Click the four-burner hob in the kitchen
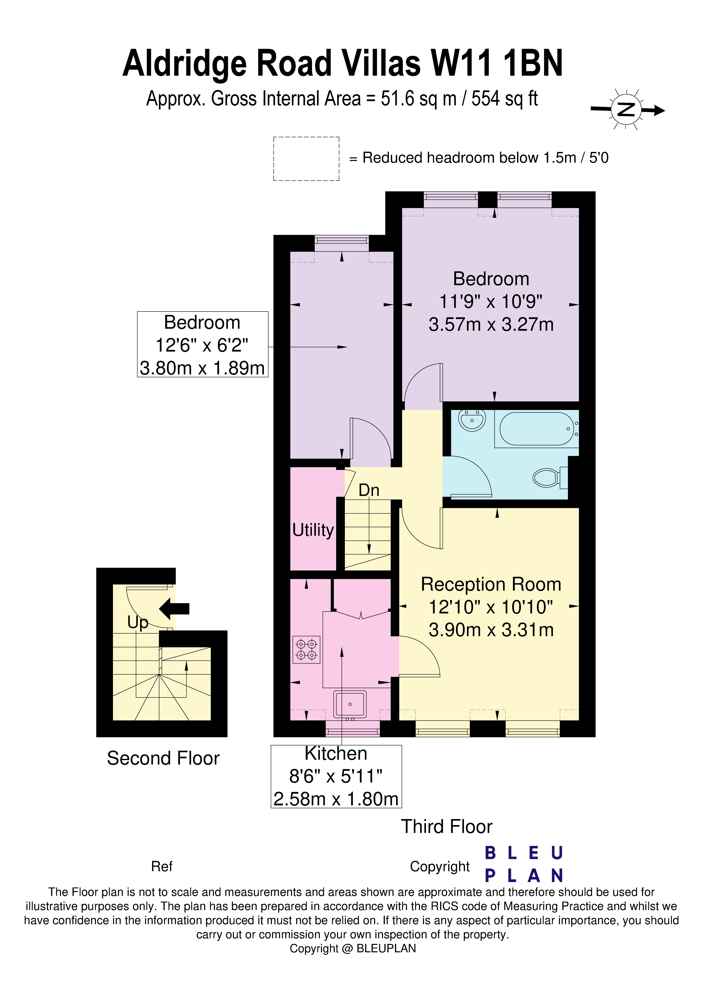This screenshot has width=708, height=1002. pyautogui.click(x=306, y=649)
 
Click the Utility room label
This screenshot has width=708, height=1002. pyautogui.click(x=313, y=530)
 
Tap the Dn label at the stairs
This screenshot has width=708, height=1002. pyautogui.click(x=369, y=491)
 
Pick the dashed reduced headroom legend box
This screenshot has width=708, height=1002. pyautogui.click(x=306, y=159)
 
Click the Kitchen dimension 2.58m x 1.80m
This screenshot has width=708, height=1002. pyautogui.click(x=336, y=799)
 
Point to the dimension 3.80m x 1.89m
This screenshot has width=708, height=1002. pyautogui.click(x=202, y=368)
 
